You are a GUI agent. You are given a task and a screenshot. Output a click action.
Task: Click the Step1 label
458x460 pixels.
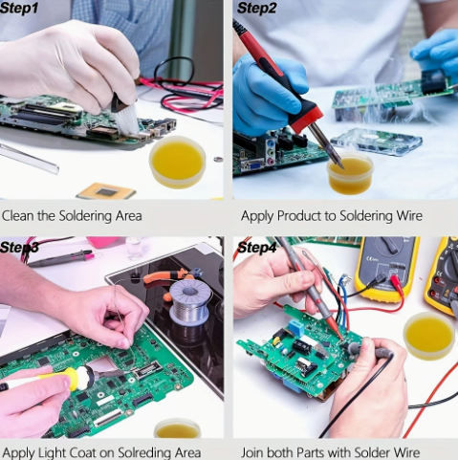tap(19, 8)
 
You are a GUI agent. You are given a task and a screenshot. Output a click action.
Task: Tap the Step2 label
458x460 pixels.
tap(257, 8)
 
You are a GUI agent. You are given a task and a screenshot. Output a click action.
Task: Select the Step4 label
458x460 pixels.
tap(257, 248)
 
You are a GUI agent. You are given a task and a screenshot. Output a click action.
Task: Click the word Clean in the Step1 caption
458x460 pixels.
tap(18, 216)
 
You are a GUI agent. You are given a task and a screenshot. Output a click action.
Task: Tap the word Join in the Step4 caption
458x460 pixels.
tap(252, 452)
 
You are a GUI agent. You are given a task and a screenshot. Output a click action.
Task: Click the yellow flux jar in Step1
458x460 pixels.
tap(177, 162)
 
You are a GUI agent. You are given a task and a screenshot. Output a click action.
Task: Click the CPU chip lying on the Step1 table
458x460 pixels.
tap(106, 191)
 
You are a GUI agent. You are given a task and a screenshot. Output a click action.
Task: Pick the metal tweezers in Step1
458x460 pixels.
tap(29, 159)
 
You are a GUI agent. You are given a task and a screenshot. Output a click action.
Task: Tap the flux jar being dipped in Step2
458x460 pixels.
tap(350, 173)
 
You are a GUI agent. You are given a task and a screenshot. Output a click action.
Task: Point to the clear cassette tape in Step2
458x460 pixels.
tap(377, 142)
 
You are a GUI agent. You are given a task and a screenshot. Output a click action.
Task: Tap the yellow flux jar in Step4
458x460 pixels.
tap(428, 336)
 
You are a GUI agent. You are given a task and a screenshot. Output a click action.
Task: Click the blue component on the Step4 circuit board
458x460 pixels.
tap(295, 328)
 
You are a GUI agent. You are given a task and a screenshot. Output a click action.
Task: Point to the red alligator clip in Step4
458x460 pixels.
tap(397, 281)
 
